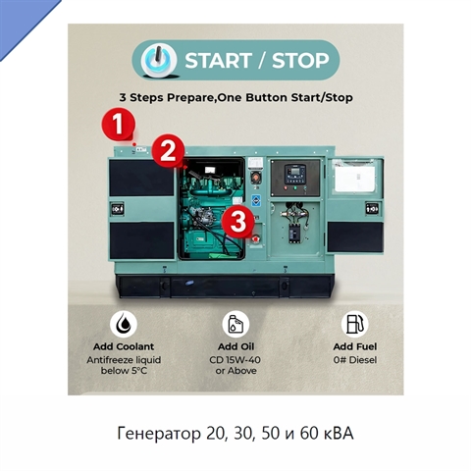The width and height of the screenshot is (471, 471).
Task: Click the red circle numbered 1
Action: point(119,125)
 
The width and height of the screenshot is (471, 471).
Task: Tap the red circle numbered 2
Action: point(168,151)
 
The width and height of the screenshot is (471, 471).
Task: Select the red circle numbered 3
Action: point(238,222)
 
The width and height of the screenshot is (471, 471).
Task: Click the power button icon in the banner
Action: point(159,60)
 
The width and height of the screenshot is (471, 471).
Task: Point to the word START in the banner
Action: point(218,61)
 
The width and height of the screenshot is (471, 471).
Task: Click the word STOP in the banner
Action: point(300,61)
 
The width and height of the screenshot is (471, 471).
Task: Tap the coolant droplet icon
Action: point(124,324)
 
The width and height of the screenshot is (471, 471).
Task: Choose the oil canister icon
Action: point(235,324)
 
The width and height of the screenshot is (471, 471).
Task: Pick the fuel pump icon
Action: point(354,324)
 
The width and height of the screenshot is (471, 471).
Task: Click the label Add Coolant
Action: point(124,346)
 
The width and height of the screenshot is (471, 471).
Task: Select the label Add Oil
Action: point(235,346)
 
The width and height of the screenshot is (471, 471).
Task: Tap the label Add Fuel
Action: point(355,346)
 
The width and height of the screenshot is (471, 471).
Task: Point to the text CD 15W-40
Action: point(235,360)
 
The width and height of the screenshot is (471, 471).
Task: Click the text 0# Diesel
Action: point(355,360)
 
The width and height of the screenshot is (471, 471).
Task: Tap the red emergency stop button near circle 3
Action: point(255,239)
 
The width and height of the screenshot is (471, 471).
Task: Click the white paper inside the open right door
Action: point(355,179)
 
